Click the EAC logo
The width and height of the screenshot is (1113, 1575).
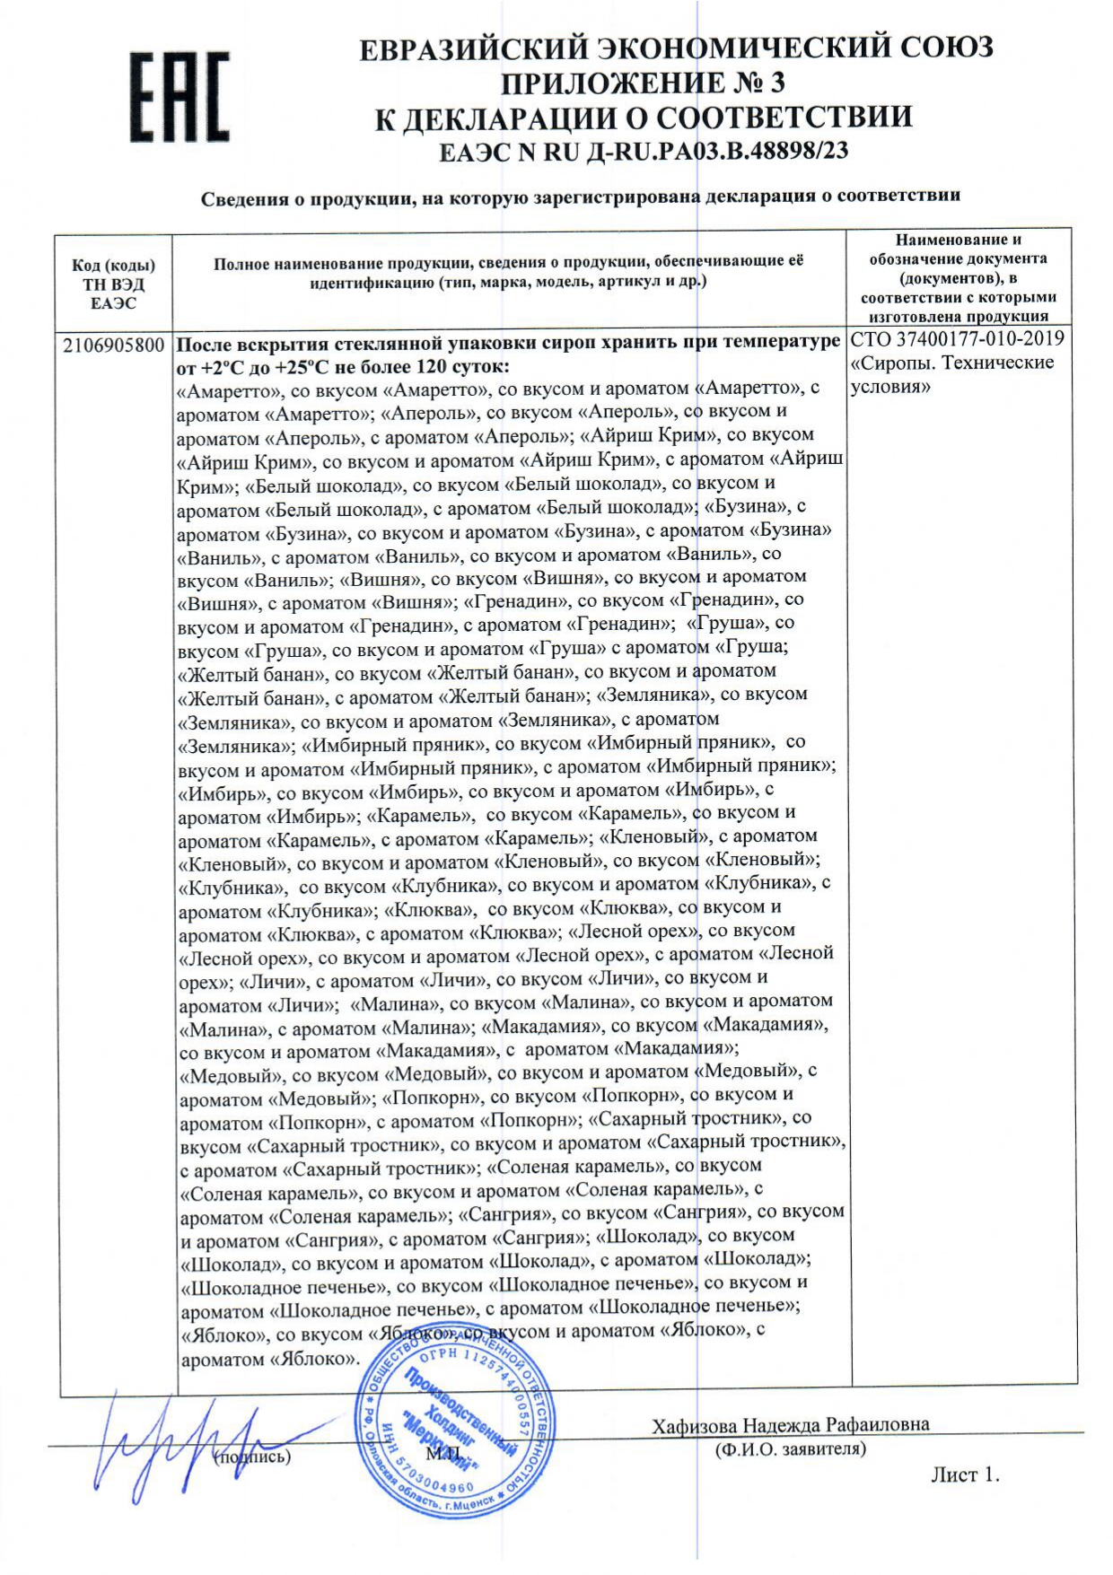pos(179,96)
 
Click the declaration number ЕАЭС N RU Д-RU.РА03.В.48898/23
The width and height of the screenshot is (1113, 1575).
pos(643,152)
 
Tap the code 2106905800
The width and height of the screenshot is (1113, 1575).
pos(114,346)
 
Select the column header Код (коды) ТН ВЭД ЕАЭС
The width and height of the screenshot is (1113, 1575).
pos(113,284)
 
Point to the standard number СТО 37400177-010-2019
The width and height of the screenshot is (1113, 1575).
pos(957,339)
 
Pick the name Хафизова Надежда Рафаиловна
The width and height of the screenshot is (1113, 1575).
pos(791,1424)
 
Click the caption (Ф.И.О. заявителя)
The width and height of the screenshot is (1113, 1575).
pos(790,1448)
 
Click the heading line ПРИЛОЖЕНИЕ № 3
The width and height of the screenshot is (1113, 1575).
pos(643,83)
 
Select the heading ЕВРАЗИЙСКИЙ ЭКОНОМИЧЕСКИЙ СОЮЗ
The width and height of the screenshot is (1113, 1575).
pos(677,47)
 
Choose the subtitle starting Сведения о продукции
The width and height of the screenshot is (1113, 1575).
pos(580,196)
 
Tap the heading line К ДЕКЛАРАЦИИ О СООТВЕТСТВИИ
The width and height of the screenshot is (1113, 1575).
pos(644,118)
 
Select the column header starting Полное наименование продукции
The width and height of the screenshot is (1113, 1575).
pos(508,271)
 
